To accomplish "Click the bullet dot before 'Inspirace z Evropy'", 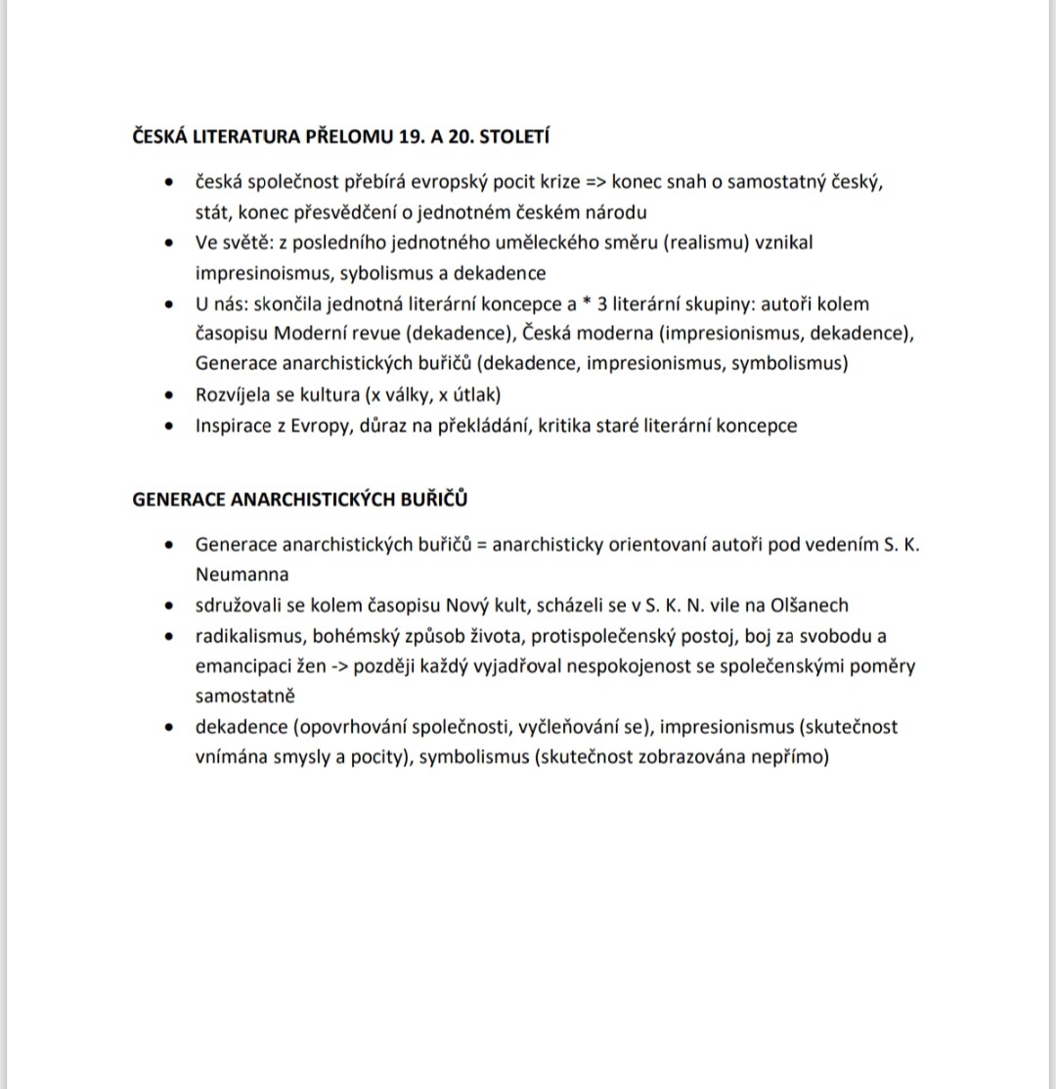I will coord(172,426).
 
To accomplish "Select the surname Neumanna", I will coord(242,574).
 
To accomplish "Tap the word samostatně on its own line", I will coord(245,696).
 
